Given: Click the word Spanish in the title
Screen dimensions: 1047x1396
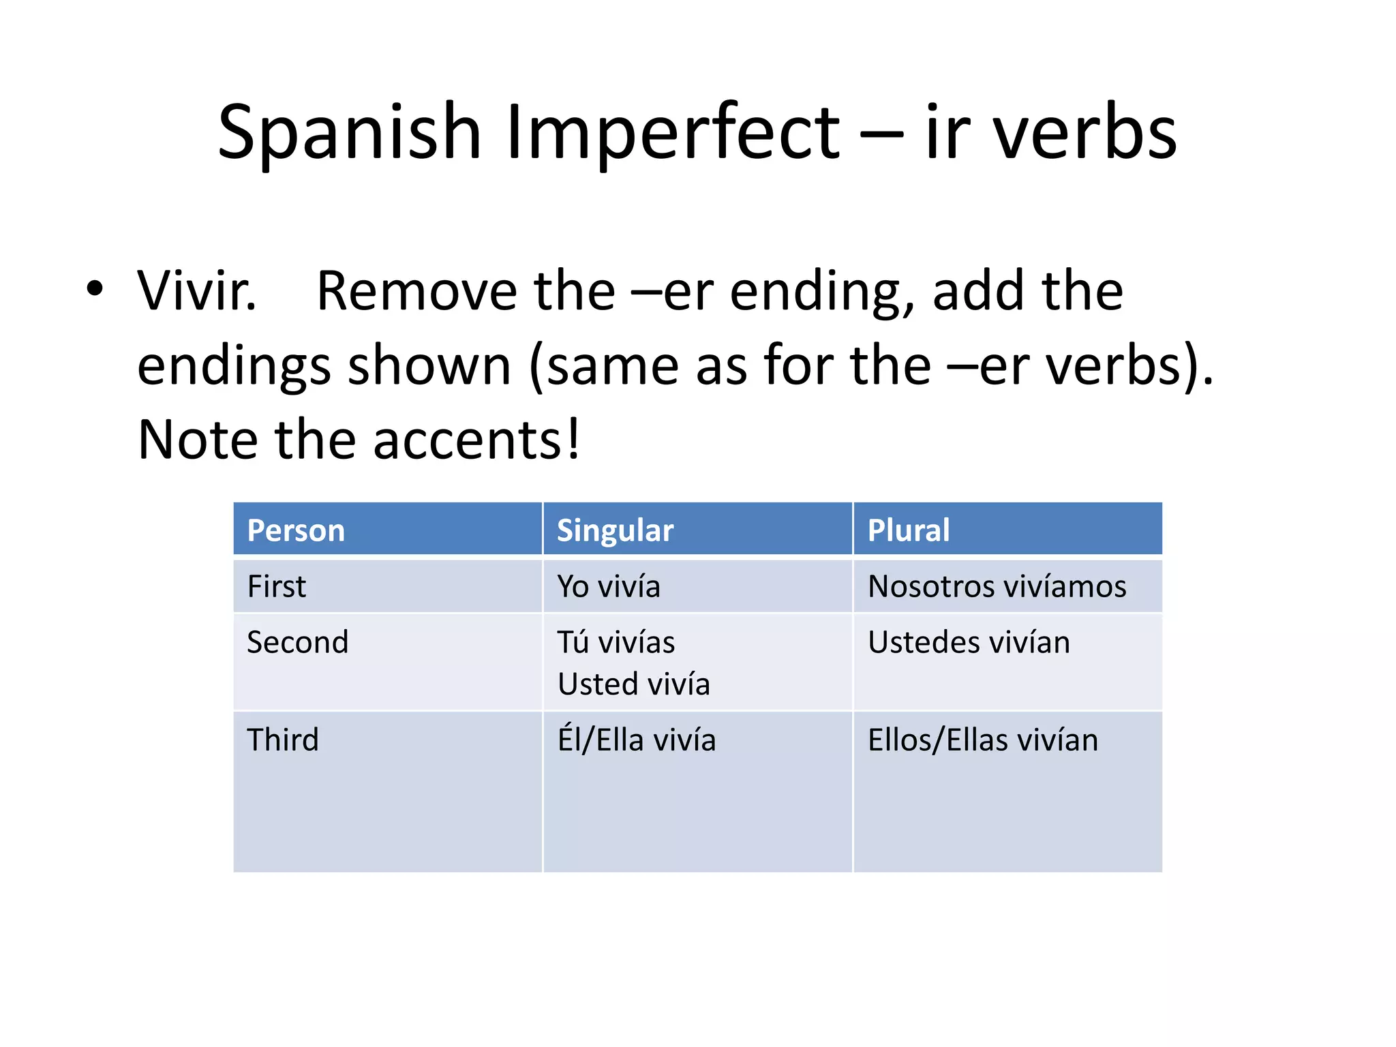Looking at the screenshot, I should (x=349, y=133).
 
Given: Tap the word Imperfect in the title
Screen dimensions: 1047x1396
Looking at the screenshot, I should (x=672, y=133).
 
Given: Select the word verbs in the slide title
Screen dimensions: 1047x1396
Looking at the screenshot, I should (x=1084, y=133).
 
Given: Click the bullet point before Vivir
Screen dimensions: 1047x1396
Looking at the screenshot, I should (x=95, y=288).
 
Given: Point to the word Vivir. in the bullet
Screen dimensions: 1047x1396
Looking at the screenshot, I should (x=197, y=292).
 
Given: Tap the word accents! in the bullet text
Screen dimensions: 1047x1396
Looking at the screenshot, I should (x=476, y=440).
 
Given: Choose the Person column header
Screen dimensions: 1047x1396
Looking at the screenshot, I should (x=296, y=530).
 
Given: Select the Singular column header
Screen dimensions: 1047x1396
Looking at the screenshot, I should (x=615, y=530).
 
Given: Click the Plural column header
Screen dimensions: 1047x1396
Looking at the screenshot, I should (x=908, y=530).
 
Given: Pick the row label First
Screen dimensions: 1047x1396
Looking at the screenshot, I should (x=276, y=586).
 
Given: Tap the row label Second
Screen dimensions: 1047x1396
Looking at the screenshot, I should (x=297, y=642).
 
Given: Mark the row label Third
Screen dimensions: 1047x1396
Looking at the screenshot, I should (x=282, y=740).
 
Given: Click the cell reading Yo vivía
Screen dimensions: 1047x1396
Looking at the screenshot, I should (x=609, y=586).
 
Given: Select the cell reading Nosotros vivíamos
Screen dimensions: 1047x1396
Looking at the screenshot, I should (x=997, y=586).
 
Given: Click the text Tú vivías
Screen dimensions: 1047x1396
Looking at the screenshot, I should (x=616, y=642).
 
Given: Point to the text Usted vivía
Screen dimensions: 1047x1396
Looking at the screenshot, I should (x=633, y=684).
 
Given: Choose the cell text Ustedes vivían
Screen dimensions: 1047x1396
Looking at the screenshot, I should (x=969, y=642).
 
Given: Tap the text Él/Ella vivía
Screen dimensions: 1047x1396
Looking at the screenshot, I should (x=637, y=740).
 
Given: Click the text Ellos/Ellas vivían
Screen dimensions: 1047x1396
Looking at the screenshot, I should (x=982, y=740).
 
